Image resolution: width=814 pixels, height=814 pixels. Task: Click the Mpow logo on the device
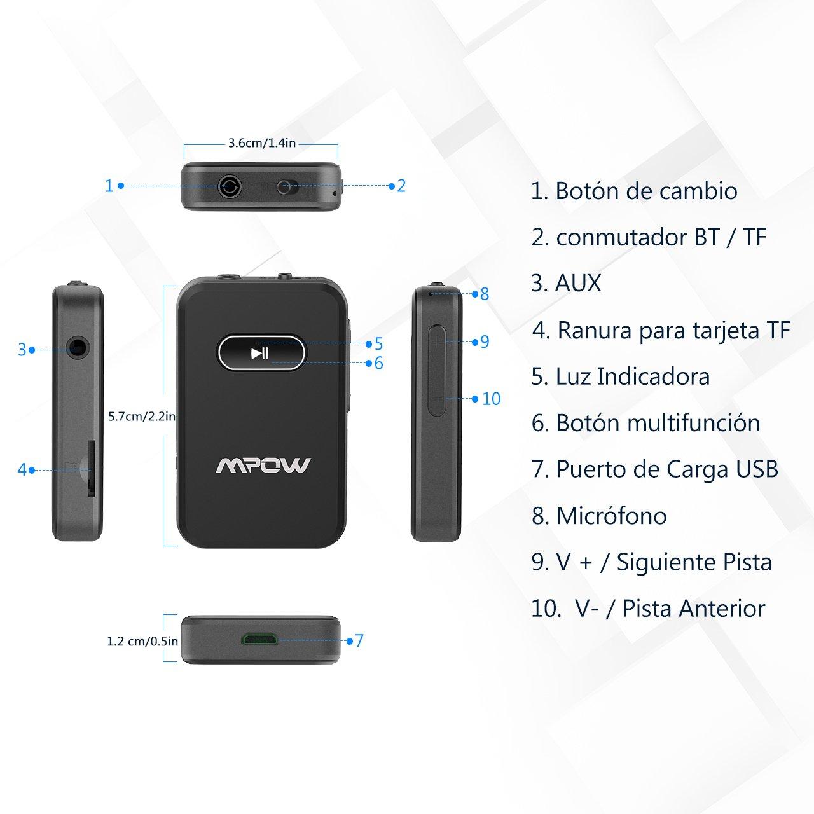coord(263,465)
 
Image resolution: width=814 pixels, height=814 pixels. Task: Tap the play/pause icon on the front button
coord(259,353)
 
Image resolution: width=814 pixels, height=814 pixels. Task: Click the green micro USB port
coord(259,640)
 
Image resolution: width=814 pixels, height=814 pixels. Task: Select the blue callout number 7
coord(359,641)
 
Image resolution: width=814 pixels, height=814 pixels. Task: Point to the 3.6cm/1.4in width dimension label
coord(262,143)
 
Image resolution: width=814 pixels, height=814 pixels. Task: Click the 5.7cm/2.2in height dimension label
coord(142,417)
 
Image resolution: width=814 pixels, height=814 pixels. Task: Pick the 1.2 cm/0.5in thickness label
coord(142,641)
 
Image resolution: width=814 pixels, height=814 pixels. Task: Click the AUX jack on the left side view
coord(78,350)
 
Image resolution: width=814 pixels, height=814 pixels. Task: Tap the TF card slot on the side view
coord(90,468)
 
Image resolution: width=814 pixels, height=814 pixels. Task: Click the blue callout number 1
coord(109,186)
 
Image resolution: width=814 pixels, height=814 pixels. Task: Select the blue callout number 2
coord(401,186)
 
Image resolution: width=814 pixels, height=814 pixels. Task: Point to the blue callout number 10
coord(492,399)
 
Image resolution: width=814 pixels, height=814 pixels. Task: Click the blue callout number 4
coord(22,470)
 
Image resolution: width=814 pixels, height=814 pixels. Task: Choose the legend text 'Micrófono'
coord(612,516)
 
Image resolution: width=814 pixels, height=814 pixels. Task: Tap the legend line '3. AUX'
coord(566,283)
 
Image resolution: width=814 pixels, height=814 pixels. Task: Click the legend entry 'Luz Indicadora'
coord(633,376)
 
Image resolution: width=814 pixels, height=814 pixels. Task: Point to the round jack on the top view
coord(230,186)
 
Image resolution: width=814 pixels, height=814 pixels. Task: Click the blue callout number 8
coord(485,294)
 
